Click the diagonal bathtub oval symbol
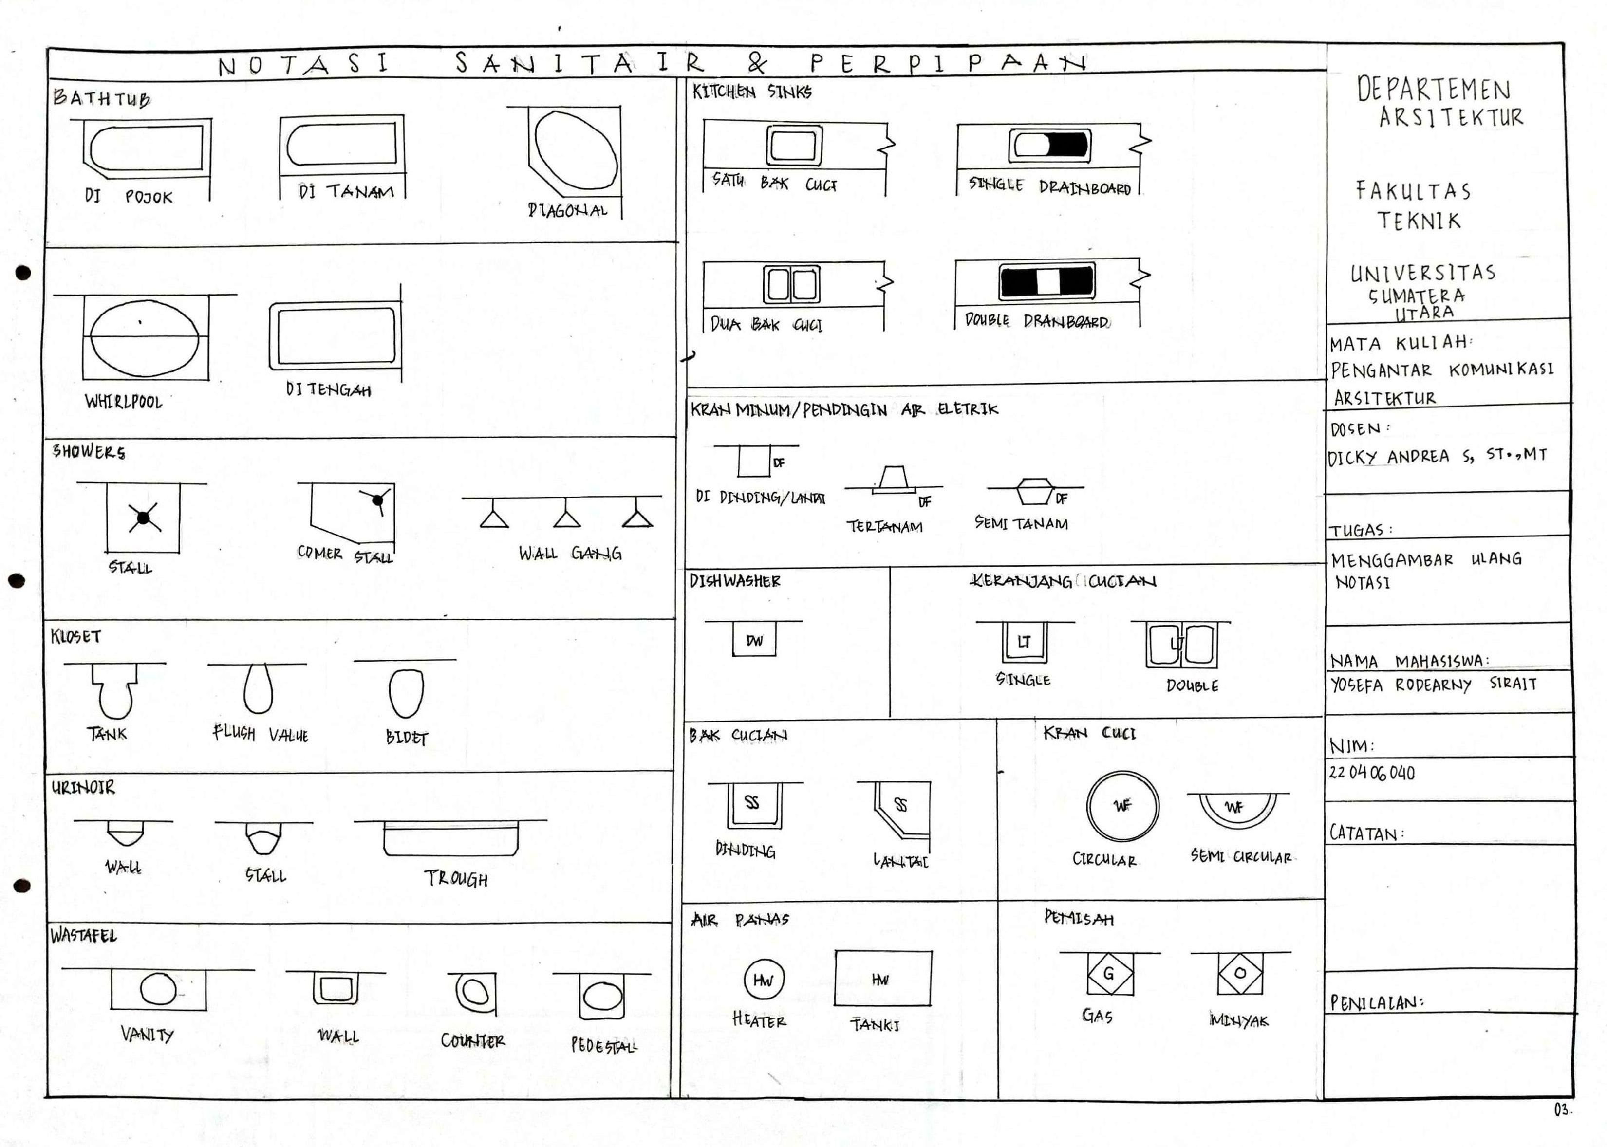(575, 150)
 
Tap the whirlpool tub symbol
(145, 337)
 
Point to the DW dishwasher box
(754, 640)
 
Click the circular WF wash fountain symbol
(1122, 806)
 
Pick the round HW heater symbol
(764, 980)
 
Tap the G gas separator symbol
(1109, 974)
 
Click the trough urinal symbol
(450, 838)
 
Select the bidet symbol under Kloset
(406, 693)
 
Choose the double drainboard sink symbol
(1047, 281)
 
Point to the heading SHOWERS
(89, 452)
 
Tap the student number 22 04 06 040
(1371, 773)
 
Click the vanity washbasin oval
(158, 989)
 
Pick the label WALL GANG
(570, 553)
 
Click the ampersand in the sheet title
(757, 64)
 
